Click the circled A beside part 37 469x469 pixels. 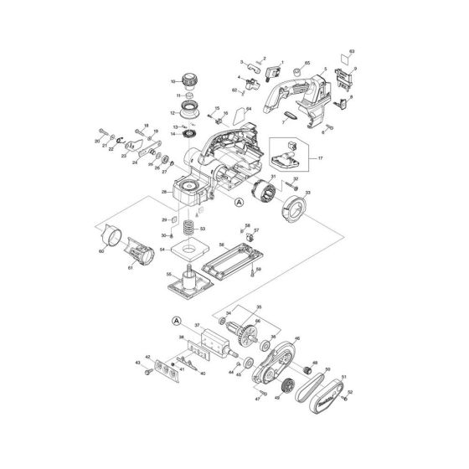click(x=177, y=319)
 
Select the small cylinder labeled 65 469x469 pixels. click(x=297, y=69)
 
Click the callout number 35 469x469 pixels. click(x=259, y=307)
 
